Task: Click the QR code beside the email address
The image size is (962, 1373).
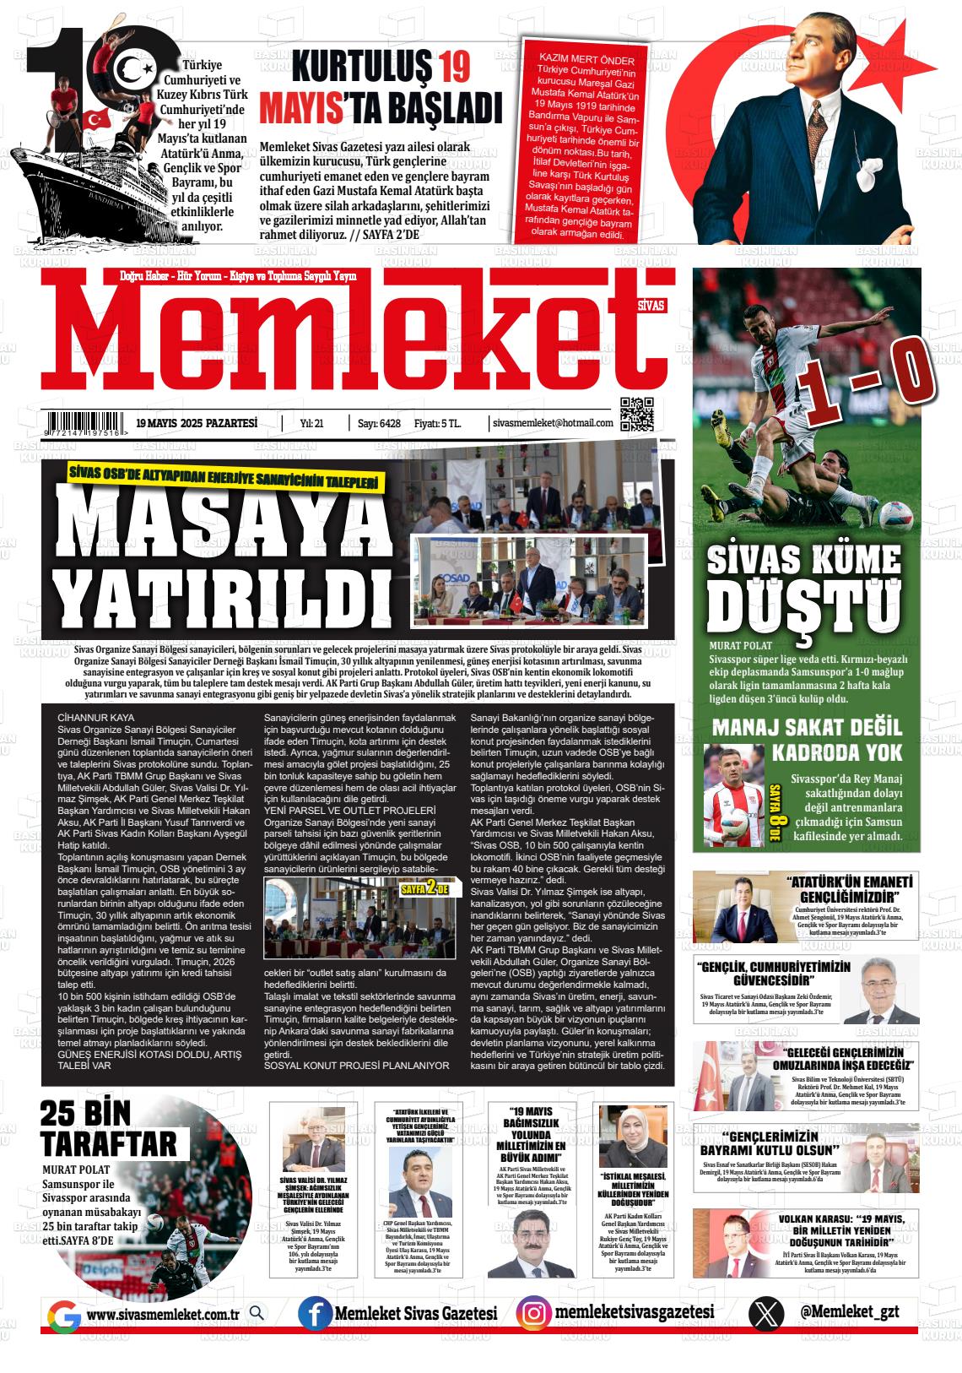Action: point(637,414)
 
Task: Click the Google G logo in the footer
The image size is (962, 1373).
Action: point(64,1316)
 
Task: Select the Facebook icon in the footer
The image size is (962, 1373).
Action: point(314,1315)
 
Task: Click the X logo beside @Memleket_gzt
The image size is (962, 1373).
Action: point(765,1315)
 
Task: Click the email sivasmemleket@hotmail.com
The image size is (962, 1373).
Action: point(552,423)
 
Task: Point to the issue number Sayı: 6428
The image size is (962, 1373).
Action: point(379,423)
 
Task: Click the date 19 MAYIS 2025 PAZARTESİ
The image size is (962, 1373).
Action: point(196,423)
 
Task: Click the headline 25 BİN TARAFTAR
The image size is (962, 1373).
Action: point(108,1130)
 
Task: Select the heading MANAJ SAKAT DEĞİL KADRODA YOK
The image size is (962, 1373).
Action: point(806,740)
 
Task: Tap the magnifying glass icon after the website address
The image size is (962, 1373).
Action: point(257,1314)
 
